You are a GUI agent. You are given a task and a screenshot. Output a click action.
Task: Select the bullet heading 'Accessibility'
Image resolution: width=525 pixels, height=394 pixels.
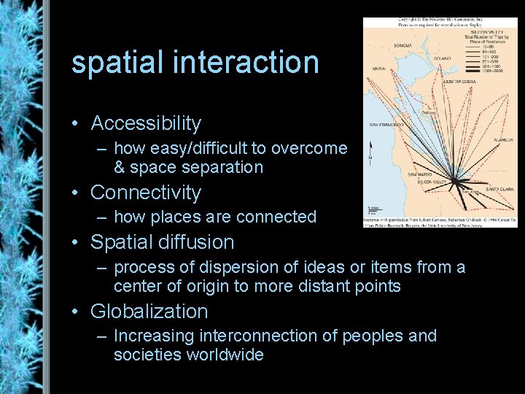tap(145, 123)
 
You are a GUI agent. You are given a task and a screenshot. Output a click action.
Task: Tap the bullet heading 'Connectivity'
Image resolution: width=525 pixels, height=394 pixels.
tap(145, 193)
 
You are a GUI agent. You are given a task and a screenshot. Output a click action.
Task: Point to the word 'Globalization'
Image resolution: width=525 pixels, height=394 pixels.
tap(149, 312)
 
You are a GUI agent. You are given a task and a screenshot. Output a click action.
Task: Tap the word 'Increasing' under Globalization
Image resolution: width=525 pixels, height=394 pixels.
tap(153, 336)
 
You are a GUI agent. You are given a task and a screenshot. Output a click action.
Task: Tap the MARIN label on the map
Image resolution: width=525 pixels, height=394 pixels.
tap(379, 69)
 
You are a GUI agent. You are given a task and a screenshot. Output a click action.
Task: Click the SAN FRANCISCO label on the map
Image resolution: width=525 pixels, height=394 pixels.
tap(386, 125)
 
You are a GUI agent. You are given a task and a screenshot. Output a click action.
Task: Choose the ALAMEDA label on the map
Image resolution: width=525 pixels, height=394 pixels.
tap(503, 139)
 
